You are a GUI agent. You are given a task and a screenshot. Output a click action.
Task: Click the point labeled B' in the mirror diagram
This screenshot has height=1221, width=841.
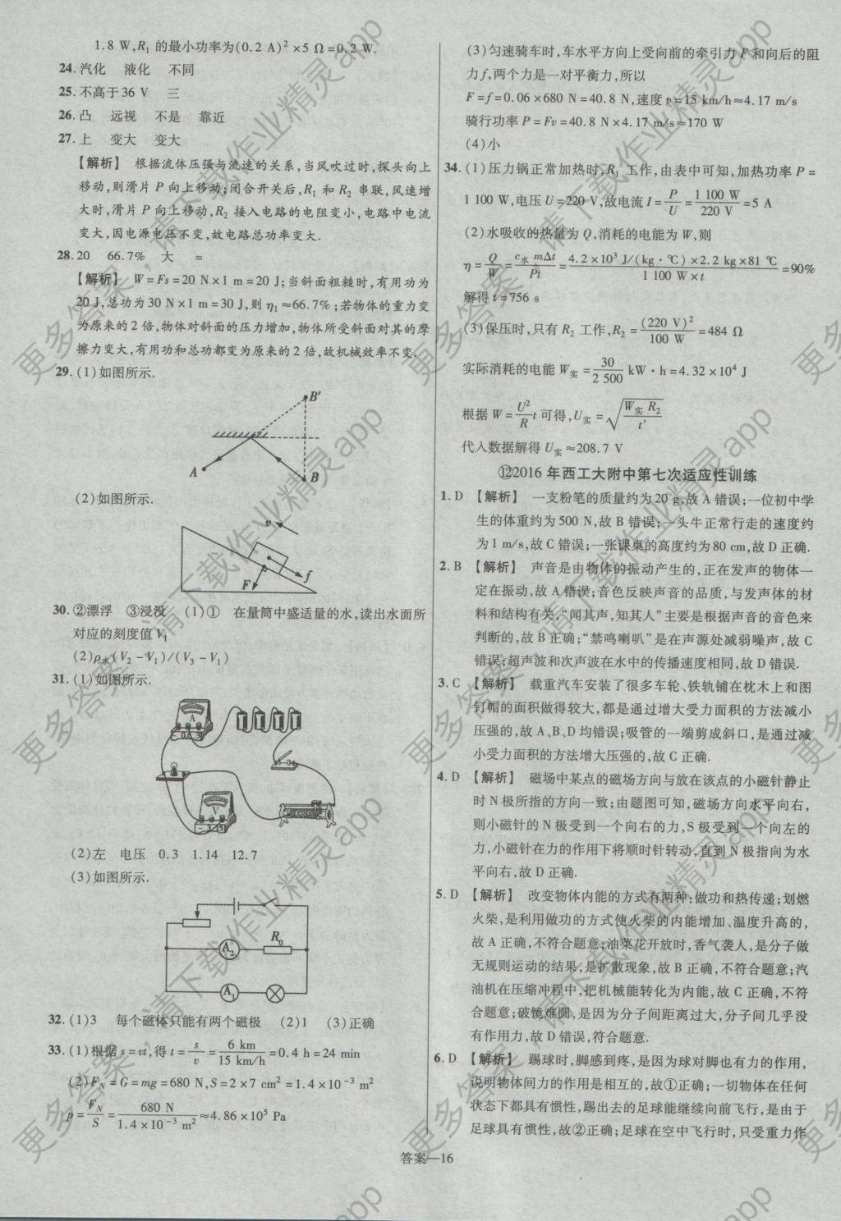coord(315,398)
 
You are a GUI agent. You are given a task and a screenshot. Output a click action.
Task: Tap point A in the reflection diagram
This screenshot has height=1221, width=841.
coord(194,471)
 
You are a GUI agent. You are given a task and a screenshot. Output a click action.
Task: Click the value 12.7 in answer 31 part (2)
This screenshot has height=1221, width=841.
coord(245,855)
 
